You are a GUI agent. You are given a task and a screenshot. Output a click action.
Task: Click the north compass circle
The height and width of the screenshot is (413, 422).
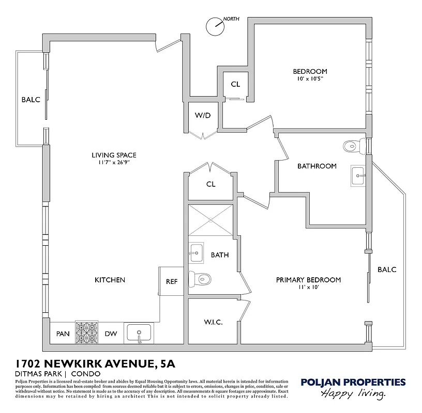(214, 26)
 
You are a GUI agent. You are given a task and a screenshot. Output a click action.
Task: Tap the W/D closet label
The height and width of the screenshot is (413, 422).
(203, 115)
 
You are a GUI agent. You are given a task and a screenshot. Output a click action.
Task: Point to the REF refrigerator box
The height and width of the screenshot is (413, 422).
(171, 282)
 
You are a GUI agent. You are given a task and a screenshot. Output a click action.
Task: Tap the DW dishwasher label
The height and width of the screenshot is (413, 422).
(111, 334)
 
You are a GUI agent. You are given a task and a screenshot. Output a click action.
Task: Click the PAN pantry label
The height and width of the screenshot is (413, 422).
(63, 334)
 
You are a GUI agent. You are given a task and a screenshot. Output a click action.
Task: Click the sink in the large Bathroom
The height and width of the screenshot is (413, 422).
(358, 176)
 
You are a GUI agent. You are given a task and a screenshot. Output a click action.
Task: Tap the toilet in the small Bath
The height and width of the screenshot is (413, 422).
(198, 279)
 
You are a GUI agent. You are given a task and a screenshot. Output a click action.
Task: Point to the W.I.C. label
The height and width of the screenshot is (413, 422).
(213, 322)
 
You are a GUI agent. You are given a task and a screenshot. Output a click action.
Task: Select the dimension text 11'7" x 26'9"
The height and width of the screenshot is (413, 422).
(114, 163)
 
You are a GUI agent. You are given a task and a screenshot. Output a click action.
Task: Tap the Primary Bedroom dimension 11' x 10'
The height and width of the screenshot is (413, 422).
(308, 288)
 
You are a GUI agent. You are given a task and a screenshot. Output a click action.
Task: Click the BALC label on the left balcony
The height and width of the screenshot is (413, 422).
(31, 100)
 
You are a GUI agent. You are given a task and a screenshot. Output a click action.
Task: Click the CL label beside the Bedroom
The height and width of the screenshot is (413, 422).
(235, 84)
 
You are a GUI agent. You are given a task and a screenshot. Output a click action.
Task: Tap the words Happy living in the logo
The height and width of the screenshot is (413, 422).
(354, 394)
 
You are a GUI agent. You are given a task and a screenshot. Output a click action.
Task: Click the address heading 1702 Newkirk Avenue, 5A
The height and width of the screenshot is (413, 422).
(95, 364)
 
